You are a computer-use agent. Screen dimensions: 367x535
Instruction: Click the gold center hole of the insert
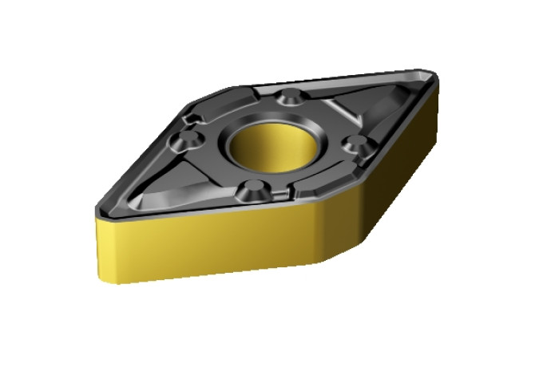point(274,147)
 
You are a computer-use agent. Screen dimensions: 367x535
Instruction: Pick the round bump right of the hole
point(357,144)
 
